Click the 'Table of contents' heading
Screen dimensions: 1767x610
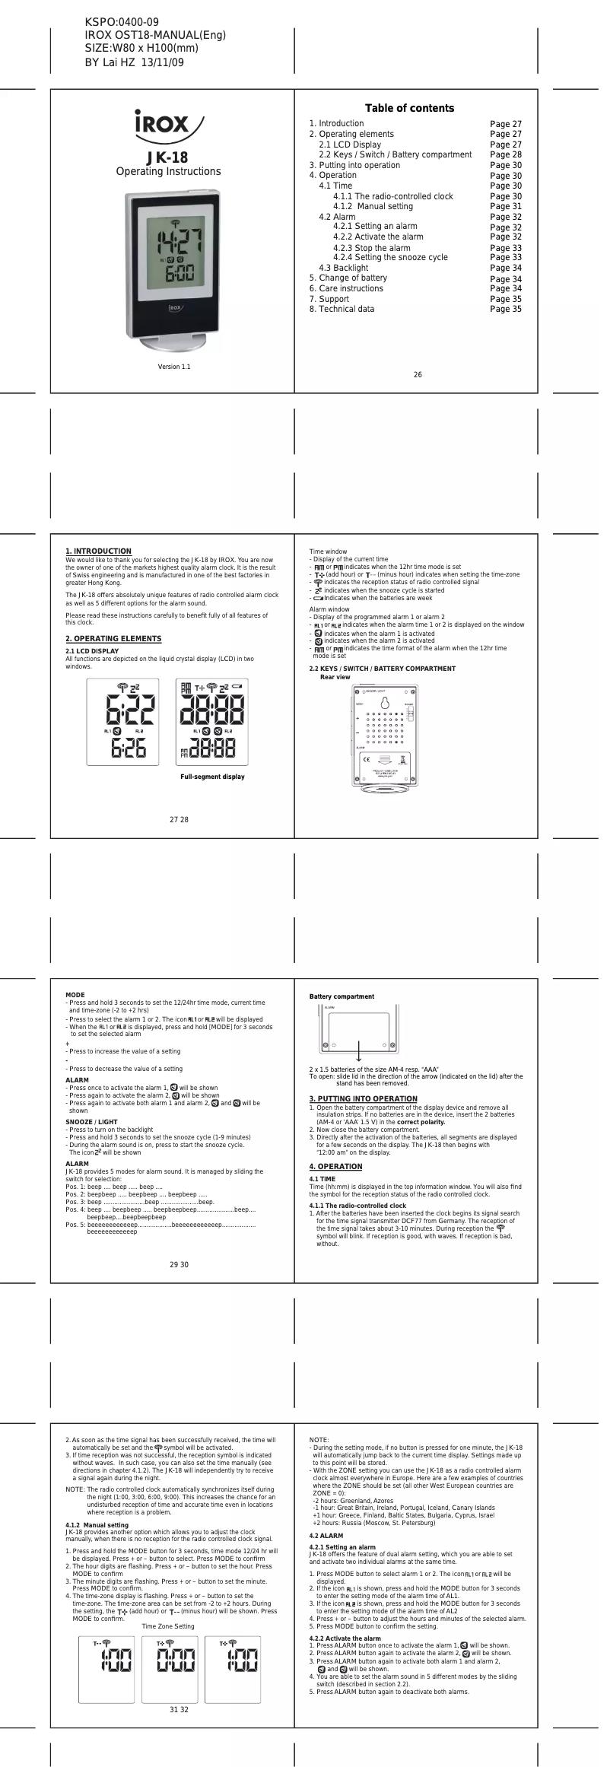(x=409, y=108)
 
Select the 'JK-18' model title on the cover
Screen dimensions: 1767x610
(x=168, y=157)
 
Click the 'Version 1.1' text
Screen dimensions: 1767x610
(x=174, y=367)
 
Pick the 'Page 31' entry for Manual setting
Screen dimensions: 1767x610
(x=506, y=206)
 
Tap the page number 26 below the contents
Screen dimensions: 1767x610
(x=418, y=374)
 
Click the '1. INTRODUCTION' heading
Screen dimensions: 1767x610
(x=98, y=551)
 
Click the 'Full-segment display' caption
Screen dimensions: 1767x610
(x=212, y=777)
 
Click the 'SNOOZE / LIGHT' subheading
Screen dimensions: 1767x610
(x=91, y=1122)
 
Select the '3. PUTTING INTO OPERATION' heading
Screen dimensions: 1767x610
(x=363, y=1098)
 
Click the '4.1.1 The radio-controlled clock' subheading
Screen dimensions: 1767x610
(x=357, y=1205)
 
